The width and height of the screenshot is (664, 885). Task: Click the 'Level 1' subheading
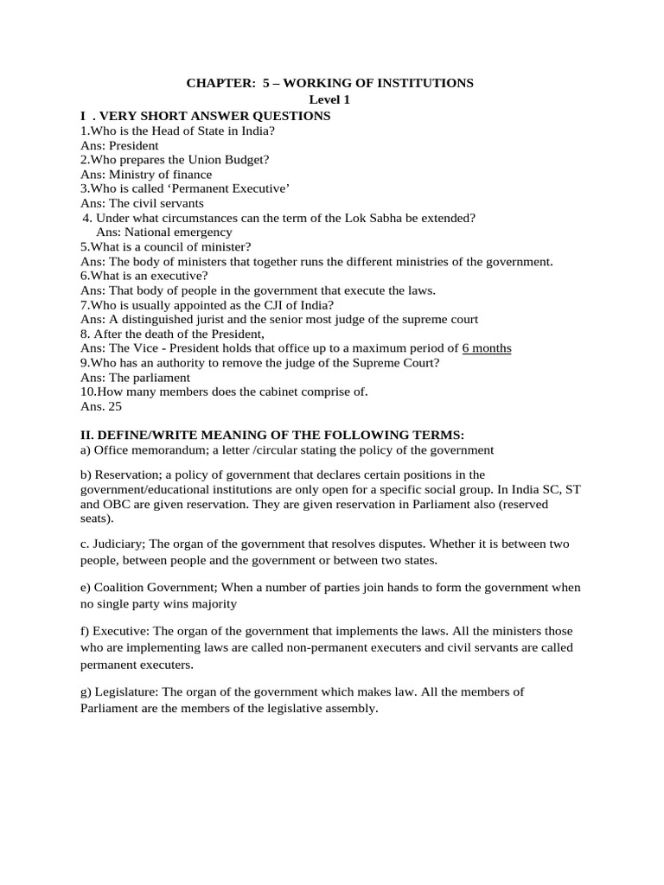(x=331, y=99)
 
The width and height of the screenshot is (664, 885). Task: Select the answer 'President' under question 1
(x=134, y=146)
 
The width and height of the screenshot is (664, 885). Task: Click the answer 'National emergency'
(x=179, y=232)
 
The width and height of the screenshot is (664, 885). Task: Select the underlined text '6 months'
(x=487, y=348)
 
